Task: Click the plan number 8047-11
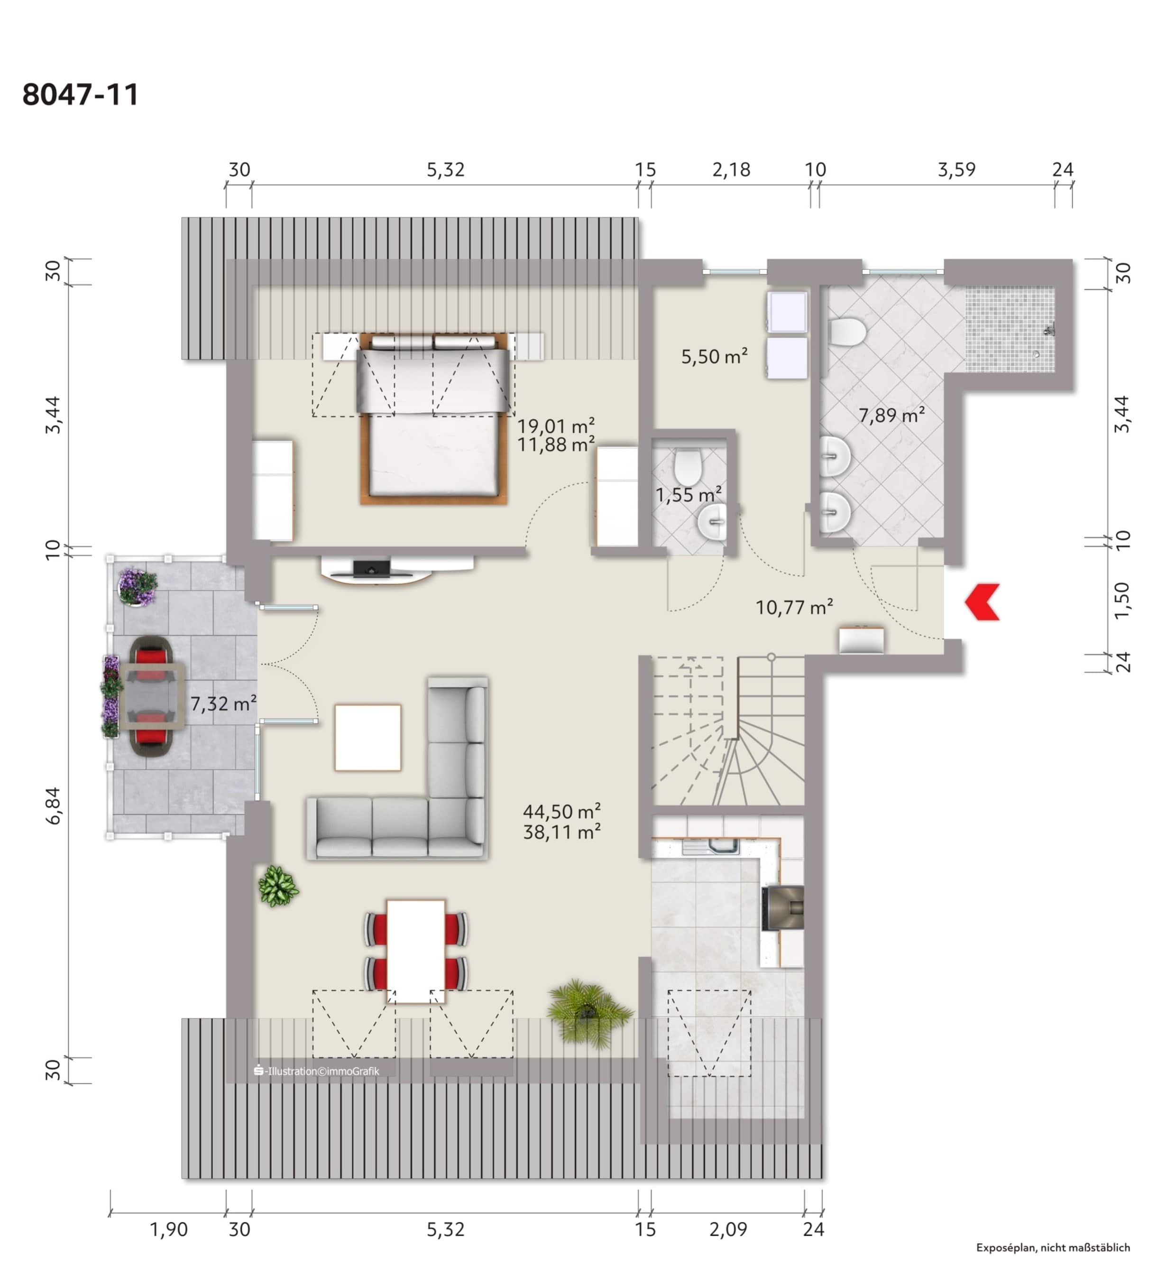pos(80,95)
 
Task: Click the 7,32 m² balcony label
pos(223,703)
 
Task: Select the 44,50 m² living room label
pos(561,812)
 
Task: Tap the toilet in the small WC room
pos(687,466)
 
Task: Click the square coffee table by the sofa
pos(368,737)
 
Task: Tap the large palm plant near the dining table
pos(588,1011)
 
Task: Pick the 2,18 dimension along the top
pos(731,170)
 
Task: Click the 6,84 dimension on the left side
pos(54,806)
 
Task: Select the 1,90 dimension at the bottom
pos(169,1229)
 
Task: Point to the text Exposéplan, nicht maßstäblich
pos(1053,1248)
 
